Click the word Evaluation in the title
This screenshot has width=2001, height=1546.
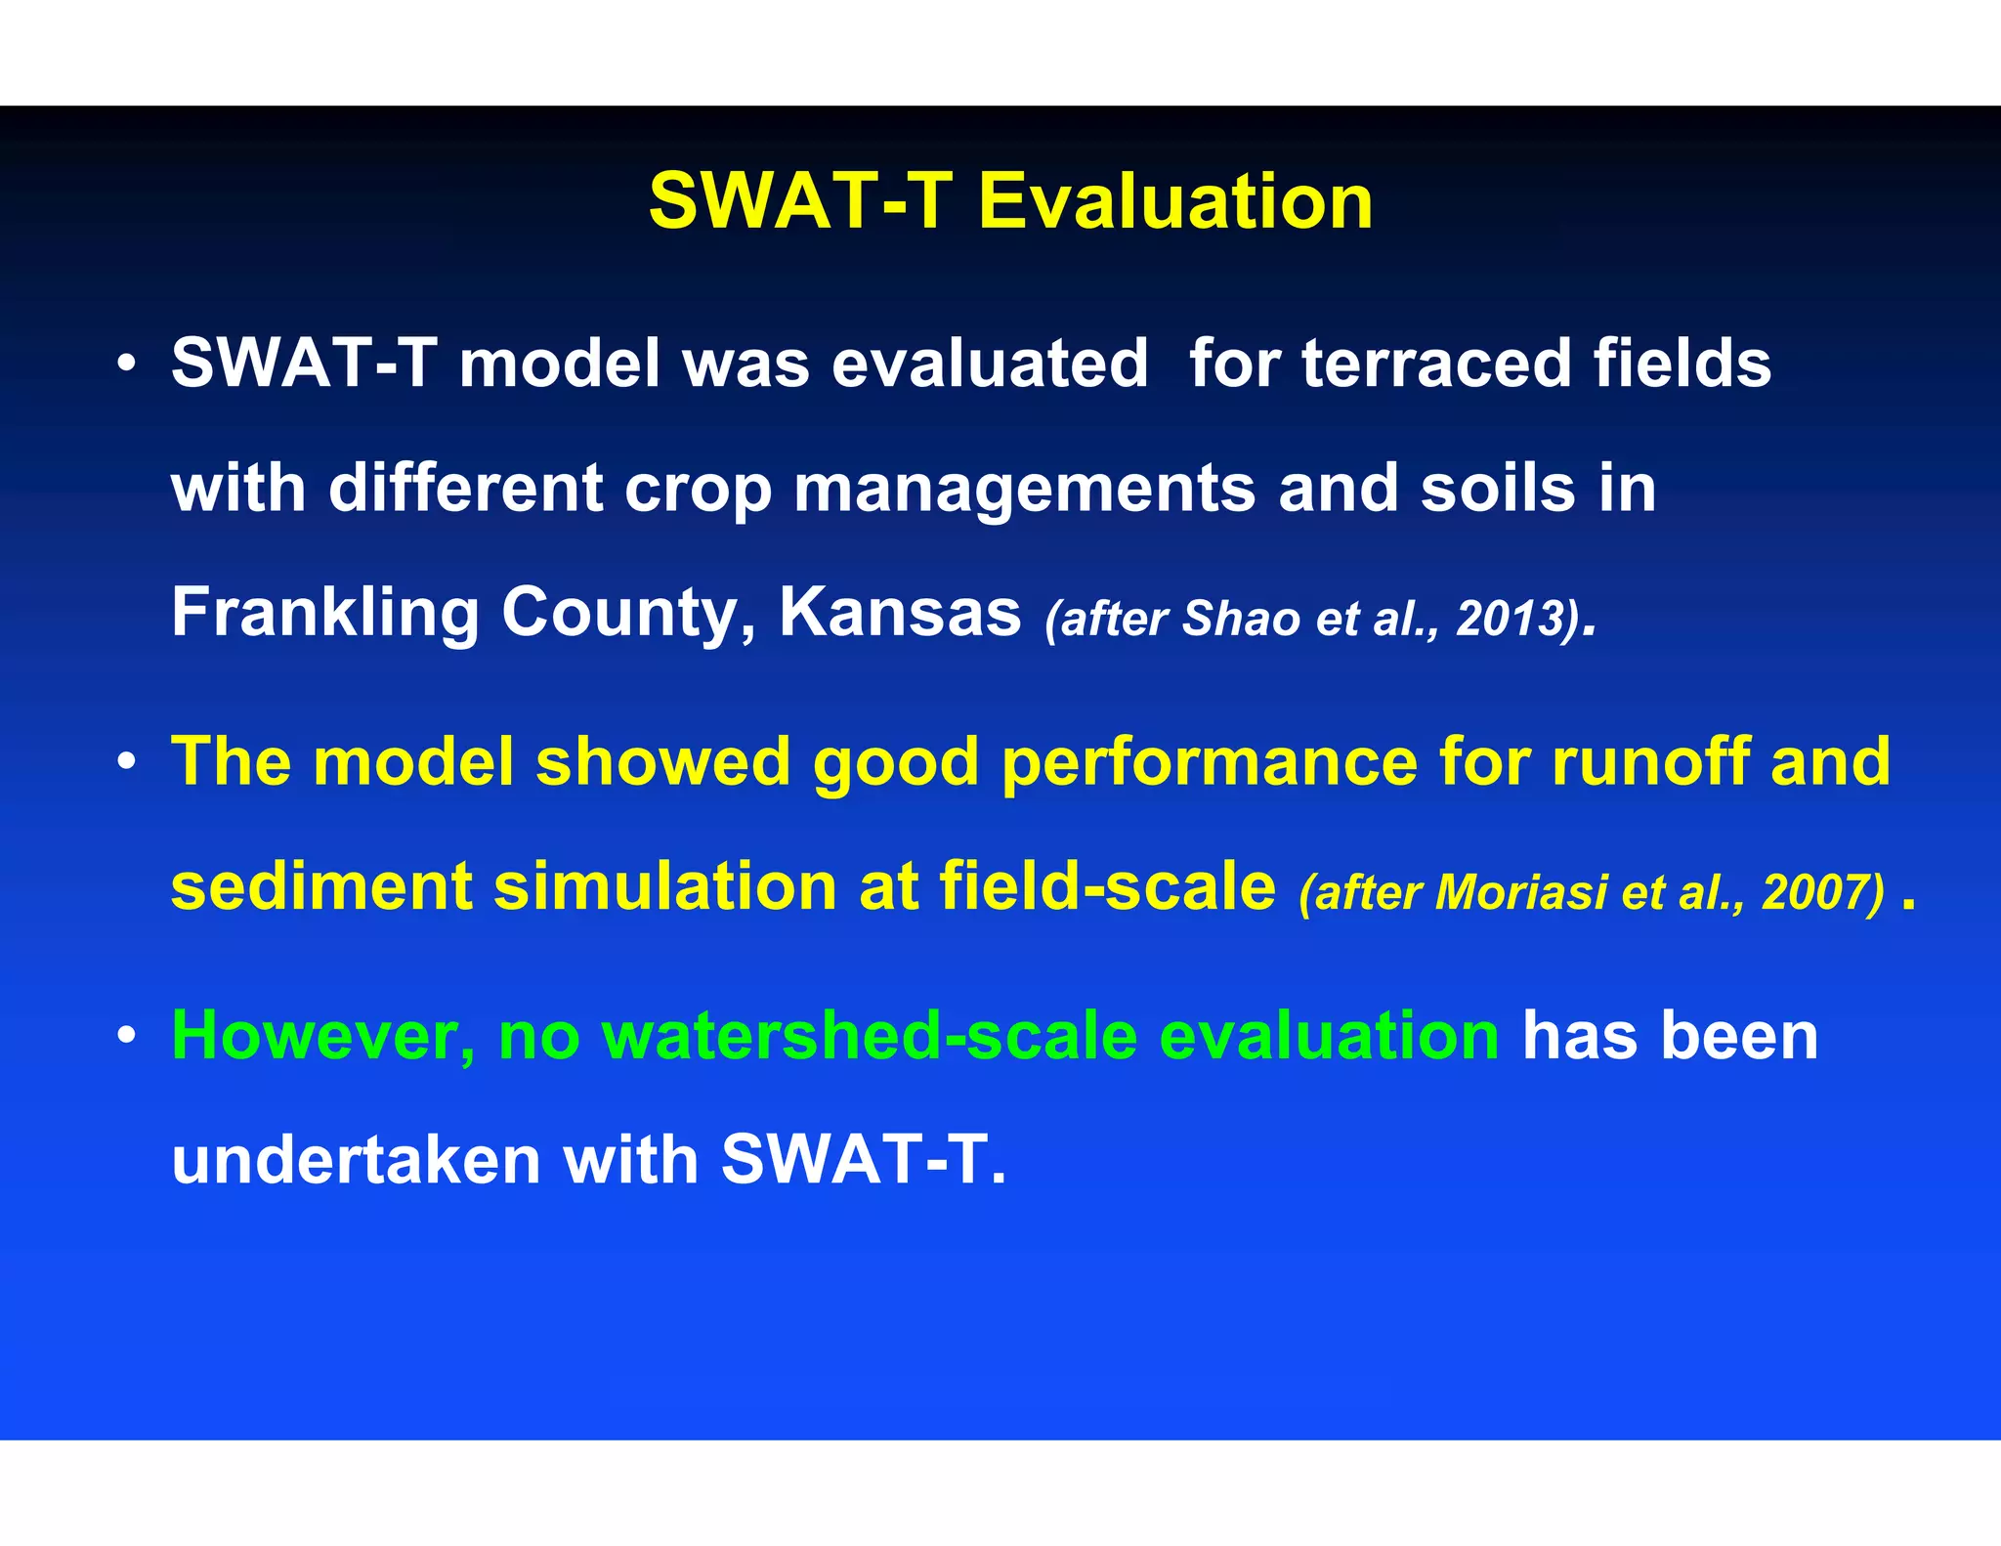(1175, 201)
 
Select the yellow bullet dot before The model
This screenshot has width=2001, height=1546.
(125, 762)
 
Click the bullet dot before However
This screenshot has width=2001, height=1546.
(125, 1037)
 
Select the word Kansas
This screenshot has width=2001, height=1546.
(899, 613)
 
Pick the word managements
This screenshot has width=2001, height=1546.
(1024, 489)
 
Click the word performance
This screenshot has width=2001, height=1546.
(1209, 762)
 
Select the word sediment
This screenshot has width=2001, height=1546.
(320, 886)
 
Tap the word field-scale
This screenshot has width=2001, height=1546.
(1107, 886)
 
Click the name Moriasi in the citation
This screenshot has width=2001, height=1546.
(1520, 892)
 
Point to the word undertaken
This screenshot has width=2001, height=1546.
(356, 1161)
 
